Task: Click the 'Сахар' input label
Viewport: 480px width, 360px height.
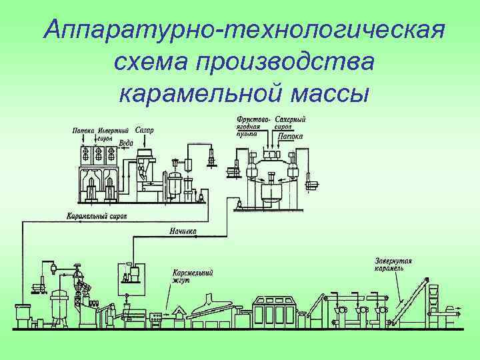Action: coord(144,130)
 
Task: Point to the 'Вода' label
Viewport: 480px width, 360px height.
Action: coord(127,143)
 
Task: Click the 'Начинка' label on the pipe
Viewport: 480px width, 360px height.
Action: coord(183,231)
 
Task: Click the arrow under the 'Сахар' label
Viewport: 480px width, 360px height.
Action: coord(143,141)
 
